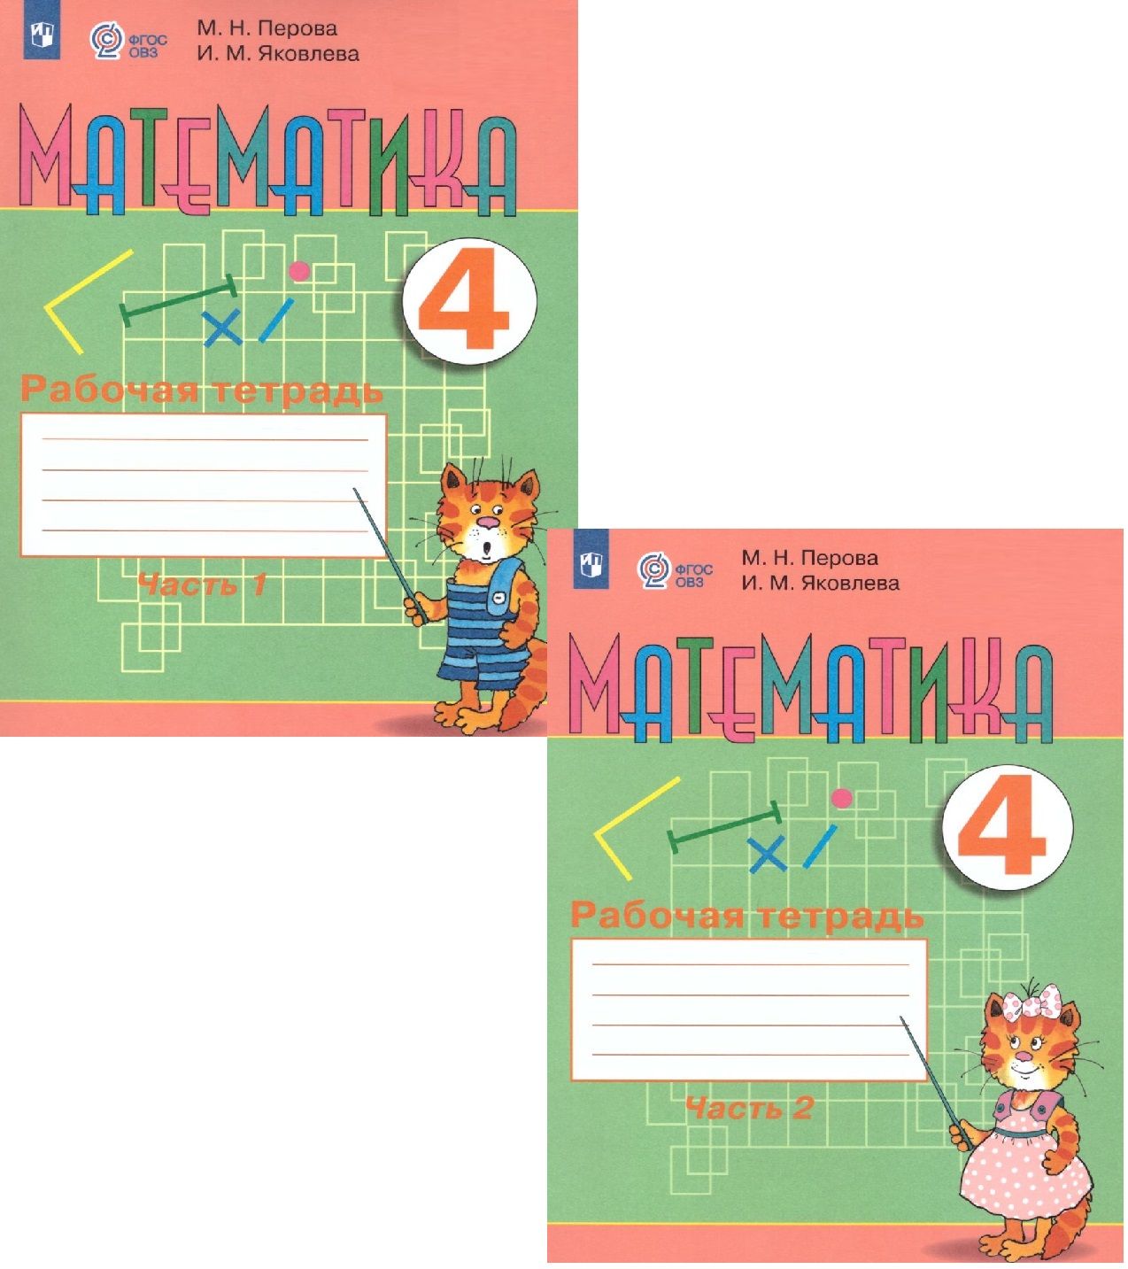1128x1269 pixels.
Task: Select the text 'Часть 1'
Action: pyautogui.click(x=202, y=585)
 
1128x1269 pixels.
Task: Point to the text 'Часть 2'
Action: pyautogui.click(x=749, y=1108)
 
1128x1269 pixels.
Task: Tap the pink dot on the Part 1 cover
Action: pyautogui.click(x=299, y=271)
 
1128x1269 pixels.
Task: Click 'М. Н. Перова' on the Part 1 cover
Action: pyautogui.click(x=267, y=28)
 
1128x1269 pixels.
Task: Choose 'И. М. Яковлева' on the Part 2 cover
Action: pyautogui.click(x=820, y=584)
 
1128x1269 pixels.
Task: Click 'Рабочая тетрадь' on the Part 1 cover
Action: pyautogui.click(x=202, y=391)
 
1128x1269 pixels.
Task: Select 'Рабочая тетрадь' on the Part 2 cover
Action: pyautogui.click(x=746, y=917)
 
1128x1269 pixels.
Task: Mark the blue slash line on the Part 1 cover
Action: pyautogui.click(x=276, y=320)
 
